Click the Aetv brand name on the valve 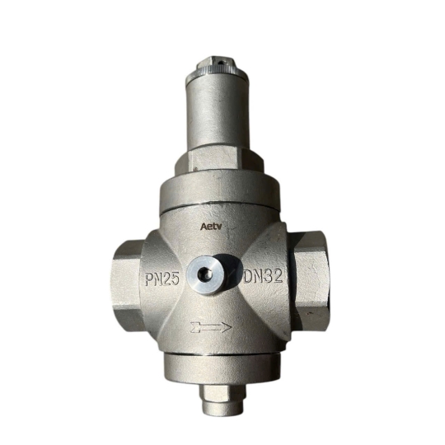click(211, 223)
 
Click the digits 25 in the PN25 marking click(171, 279)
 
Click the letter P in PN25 click(146, 279)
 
